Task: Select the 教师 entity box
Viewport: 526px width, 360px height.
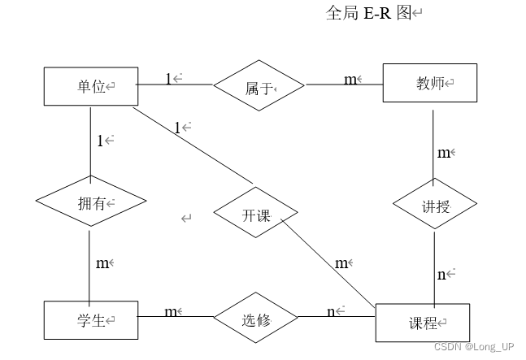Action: point(430,83)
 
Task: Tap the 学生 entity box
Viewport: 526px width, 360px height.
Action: point(91,319)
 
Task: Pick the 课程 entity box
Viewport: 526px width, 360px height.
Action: point(423,323)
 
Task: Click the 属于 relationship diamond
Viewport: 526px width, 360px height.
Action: point(259,85)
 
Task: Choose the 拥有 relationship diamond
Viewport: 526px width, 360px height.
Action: point(91,202)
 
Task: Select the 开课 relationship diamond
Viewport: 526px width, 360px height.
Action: point(255,215)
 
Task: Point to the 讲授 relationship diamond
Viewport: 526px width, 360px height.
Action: point(434,206)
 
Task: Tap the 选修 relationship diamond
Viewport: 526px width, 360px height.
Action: point(255,319)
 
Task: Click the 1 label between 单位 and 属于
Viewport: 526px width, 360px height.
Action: point(169,79)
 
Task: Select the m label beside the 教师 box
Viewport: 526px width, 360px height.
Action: point(350,79)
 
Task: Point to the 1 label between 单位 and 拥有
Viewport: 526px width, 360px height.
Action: point(101,141)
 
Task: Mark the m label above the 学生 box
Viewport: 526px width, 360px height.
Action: point(102,262)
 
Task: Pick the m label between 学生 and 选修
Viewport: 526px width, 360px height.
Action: point(171,312)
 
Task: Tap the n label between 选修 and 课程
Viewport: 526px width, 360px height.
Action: point(332,312)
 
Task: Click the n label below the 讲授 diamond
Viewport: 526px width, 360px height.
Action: point(442,275)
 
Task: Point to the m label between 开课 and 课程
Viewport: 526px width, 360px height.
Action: point(341,262)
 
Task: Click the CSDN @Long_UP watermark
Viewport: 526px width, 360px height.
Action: point(473,346)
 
